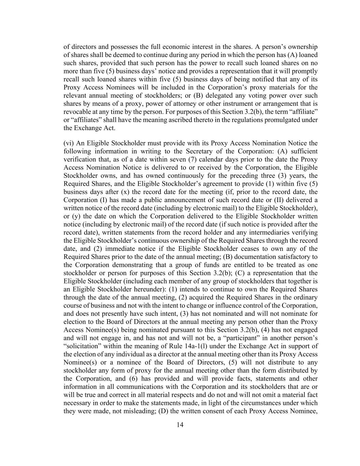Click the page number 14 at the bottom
[180, 425]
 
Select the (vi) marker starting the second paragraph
[69, 143]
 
